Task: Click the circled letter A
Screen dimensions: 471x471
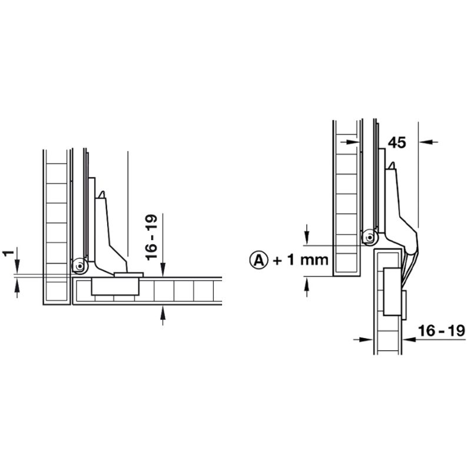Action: tap(259, 259)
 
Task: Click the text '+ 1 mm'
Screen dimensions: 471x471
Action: tap(301, 260)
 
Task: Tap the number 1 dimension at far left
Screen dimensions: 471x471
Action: tap(7, 254)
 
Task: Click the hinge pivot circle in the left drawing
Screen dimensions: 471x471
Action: tap(78, 267)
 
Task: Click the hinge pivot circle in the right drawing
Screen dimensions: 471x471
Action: tap(369, 238)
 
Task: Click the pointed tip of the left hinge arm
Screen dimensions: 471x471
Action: tap(102, 193)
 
